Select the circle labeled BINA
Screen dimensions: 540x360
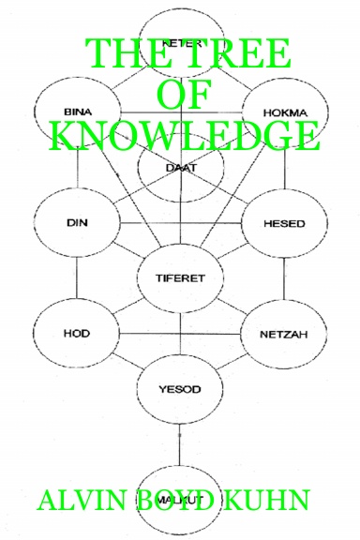[77, 112]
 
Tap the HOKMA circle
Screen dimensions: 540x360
[283, 112]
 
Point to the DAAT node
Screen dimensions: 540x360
[180, 169]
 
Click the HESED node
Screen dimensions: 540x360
[283, 223]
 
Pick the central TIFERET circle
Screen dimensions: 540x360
[180, 278]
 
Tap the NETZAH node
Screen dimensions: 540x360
[283, 333]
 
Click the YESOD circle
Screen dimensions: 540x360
[180, 386]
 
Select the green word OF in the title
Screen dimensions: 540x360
[183, 95]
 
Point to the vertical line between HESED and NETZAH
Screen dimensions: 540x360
[283, 278]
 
